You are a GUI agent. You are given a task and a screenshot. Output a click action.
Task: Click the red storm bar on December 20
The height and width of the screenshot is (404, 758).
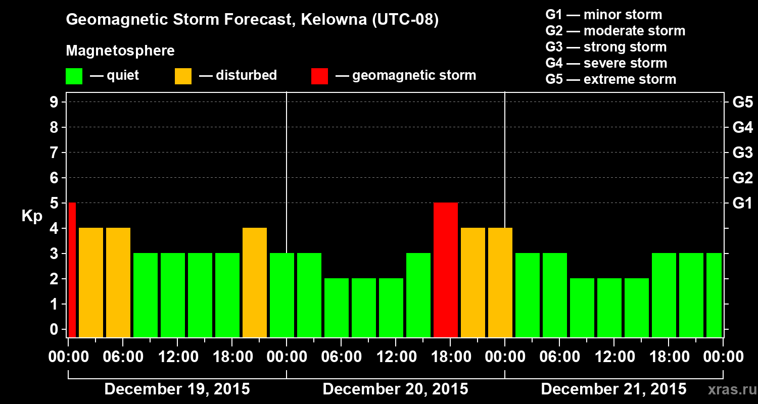coord(446,270)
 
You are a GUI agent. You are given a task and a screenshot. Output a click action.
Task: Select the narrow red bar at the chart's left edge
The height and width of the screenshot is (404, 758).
coord(72,270)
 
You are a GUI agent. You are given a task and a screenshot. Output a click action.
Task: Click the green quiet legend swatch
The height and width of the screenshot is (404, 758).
coord(74,76)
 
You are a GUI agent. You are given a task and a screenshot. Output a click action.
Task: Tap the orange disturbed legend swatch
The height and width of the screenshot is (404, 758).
coord(183,76)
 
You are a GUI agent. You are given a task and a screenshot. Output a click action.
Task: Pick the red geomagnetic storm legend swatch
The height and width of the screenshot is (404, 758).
coord(319,76)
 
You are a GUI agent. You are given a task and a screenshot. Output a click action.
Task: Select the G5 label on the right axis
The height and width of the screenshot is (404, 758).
coord(742,103)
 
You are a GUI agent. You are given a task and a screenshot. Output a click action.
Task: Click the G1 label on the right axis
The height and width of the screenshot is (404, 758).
coord(742,204)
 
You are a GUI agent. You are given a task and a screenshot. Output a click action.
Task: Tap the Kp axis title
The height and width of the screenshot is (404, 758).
coord(31,216)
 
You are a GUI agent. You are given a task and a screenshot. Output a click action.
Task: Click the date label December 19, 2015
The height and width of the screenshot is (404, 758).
coord(177,389)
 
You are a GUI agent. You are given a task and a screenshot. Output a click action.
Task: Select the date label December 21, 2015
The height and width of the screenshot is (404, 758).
coord(613,389)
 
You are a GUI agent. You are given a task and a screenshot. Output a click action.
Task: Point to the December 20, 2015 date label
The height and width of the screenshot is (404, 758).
coord(395,389)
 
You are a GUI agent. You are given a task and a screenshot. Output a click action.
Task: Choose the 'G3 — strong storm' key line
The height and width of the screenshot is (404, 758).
coord(606,47)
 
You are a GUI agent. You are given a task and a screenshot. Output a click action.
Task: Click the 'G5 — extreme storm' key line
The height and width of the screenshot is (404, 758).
coord(610,79)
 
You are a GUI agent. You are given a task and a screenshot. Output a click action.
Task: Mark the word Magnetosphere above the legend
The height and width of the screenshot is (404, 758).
coord(120,51)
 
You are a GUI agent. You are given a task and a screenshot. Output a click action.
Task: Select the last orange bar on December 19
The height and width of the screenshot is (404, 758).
coord(255,282)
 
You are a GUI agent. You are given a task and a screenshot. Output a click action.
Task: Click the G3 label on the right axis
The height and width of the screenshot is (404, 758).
coord(742,153)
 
